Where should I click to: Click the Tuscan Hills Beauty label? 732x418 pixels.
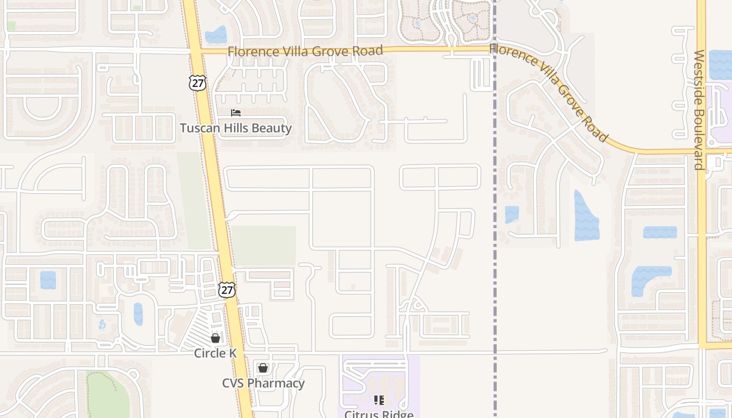[236, 128]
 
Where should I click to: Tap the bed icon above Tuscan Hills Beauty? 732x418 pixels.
[236, 113]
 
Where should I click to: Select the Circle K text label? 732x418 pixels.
[215, 353]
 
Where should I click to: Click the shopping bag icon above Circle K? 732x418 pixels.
[215, 338]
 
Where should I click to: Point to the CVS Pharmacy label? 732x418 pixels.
[263, 383]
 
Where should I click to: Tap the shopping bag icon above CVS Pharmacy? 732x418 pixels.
[263, 368]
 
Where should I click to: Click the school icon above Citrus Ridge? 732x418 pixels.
[379, 400]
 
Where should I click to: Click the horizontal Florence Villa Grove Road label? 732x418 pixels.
[305, 51]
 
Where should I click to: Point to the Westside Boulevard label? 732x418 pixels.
[699, 110]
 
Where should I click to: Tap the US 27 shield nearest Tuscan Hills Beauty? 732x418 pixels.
[198, 83]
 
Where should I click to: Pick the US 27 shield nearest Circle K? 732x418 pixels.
[226, 291]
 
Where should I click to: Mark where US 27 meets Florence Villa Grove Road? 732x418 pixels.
[194, 51]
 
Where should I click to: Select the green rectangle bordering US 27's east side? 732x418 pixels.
[264, 246]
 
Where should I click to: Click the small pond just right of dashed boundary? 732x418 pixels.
[512, 214]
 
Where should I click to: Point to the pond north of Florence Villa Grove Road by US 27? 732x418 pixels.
[216, 35]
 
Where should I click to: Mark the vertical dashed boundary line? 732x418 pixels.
[495, 261]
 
